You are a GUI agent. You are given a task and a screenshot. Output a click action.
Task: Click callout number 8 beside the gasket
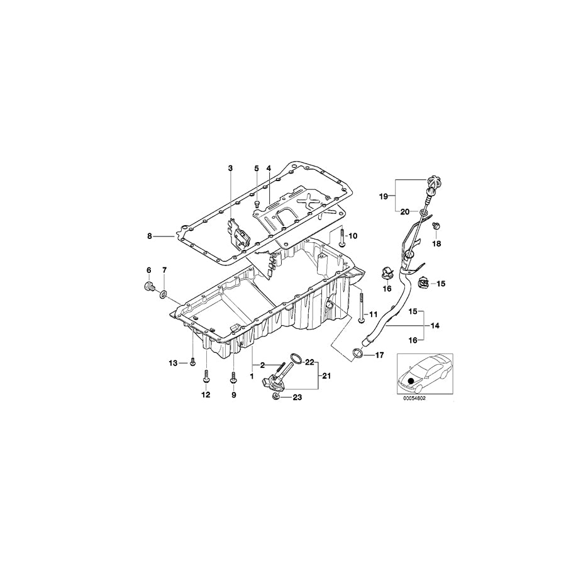pos(150,236)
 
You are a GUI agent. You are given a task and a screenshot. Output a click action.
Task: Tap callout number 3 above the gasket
pos(230,169)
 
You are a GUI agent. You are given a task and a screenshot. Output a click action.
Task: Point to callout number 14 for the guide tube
pos(435,325)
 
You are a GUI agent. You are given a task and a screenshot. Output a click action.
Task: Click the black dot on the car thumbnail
pos(411,380)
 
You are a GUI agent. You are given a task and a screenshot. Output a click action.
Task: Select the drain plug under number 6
pos(149,288)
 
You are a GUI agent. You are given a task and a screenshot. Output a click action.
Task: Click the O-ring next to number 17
pos(357,355)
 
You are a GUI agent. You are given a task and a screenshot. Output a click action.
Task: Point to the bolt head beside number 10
pos(340,233)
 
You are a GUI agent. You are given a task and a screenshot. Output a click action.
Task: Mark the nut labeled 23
pos(275,396)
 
